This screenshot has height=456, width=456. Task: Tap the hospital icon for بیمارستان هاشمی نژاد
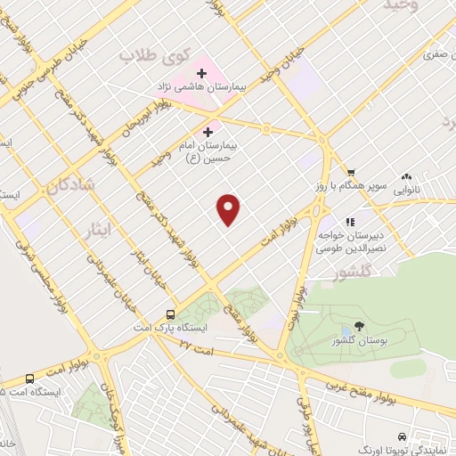[x=203, y=71]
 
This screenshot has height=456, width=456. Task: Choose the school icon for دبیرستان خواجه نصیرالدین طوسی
[x=350, y=219]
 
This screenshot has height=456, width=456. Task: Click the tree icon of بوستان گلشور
[x=359, y=326]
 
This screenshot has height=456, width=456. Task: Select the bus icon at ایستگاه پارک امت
[x=170, y=314]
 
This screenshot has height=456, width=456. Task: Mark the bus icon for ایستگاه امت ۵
[x=29, y=378]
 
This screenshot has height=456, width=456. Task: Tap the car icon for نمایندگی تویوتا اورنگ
[x=403, y=436]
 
